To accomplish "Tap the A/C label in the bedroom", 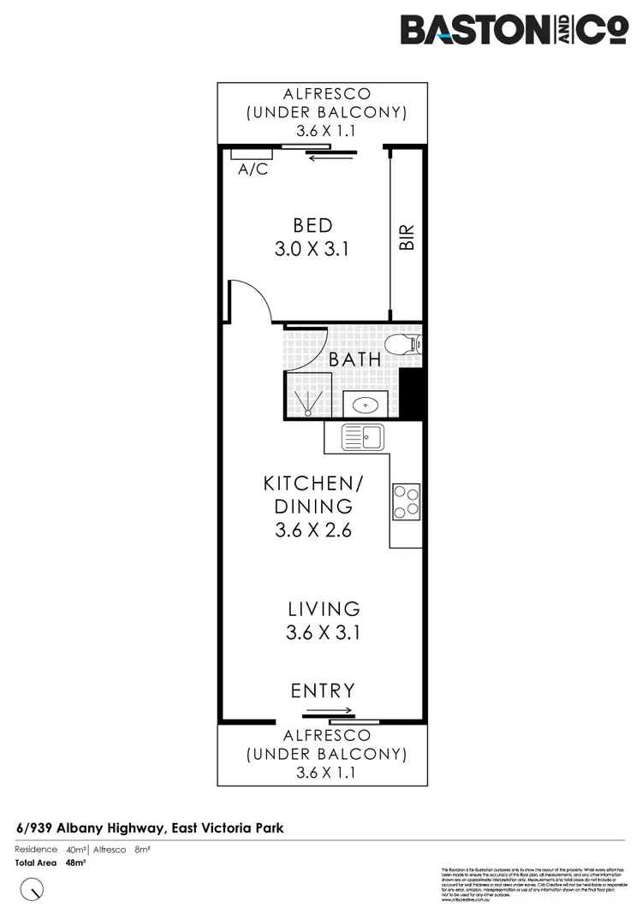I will [x=253, y=169].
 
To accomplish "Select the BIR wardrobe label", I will [x=407, y=238].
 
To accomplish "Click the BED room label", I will [x=312, y=226].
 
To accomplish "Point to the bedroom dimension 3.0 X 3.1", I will [x=312, y=250].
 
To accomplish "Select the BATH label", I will [x=355, y=359].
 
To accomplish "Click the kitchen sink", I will [x=362, y=437].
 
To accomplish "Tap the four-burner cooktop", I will [x=406, y=501].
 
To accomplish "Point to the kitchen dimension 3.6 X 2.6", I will [x=313, y=531].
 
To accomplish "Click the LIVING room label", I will [x=324, y=609].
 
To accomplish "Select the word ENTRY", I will [x=322, y=691].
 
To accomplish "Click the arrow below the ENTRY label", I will [x=329, y=711].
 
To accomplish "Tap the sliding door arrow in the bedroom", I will [x=328, y=157].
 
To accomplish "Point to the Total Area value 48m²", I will [x=77, y=863].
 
